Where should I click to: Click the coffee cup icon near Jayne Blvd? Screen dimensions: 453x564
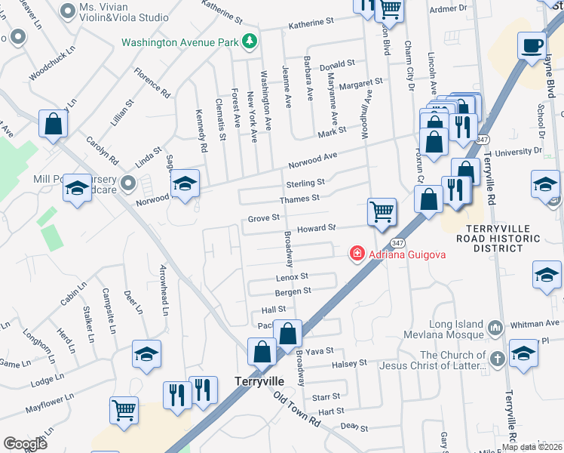[x=532, y=45]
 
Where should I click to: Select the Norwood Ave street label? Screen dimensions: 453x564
[x=311, y=161]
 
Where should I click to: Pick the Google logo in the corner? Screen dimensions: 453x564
[x=25, y=443]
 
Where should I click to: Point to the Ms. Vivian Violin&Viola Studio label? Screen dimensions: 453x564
[x=124, y=11]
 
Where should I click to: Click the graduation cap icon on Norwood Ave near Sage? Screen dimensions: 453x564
[x=184, y=184]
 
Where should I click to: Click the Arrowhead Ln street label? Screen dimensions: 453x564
[x=163, y=286]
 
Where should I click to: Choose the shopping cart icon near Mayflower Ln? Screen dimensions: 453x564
[x=124, y=411]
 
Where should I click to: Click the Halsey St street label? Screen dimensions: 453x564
[x=350, y=363]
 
